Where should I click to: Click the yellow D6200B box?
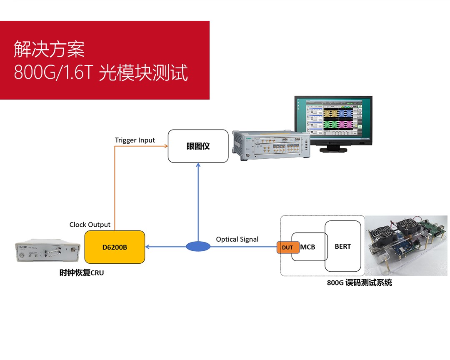point(115,247)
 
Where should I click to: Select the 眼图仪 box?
point(198,146)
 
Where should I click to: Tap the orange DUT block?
point(287,247)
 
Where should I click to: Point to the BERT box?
point(343,246)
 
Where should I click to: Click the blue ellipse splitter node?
point(198,247)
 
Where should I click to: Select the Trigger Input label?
point(135,140)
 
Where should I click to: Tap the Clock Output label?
point(90,225)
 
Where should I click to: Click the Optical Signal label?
point(237,239)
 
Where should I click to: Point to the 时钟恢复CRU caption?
point(81,273)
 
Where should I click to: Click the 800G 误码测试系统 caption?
point(359,283)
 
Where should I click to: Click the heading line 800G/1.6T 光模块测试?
point(101,72)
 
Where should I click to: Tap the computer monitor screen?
point(333,119)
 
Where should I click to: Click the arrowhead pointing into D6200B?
point(147,247)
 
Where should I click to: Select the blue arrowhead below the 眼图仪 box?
point(198,165)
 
